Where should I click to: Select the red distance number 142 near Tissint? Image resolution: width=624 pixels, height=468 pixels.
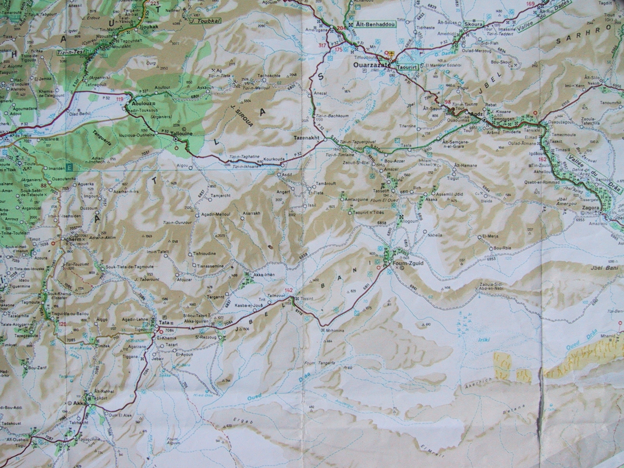(289, 290)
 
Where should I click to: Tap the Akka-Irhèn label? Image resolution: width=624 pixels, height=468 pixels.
(264, 275)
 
